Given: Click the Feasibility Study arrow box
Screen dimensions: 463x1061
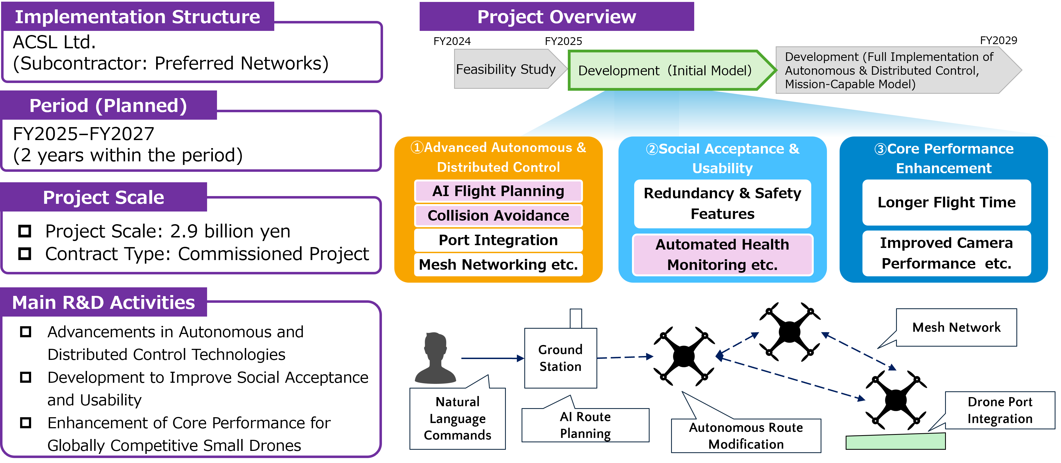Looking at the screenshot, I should coord(506,69).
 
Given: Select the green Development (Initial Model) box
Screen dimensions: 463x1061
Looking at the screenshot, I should coord(665,71).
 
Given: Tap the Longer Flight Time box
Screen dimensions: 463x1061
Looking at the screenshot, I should coord(946,202).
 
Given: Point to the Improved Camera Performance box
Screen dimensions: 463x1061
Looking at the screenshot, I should coord(946,253).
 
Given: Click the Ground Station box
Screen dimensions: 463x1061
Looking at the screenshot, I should coord(560,358).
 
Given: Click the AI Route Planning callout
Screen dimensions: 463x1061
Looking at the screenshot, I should coord(585,425).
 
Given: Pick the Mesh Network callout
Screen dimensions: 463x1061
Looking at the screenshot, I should coord(956,327).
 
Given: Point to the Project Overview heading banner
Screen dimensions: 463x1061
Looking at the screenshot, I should coord(557,17).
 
